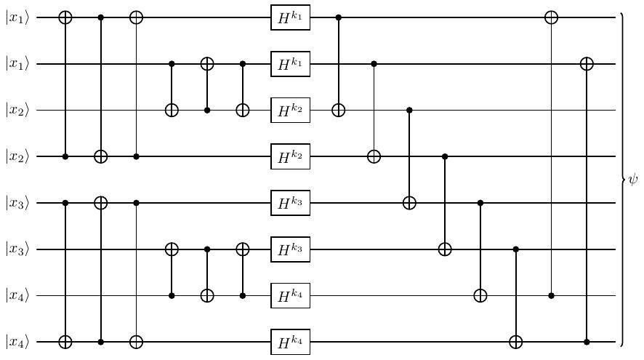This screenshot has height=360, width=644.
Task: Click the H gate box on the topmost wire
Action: pyautogui.click(x=290, y=17)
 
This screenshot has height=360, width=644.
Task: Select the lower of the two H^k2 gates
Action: pyautogui.click(x=290, y=156)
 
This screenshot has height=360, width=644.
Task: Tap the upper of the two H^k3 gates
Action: pyautogui.click(x=290, y=203)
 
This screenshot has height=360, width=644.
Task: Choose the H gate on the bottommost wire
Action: pyautogui.click(x=290, y=342)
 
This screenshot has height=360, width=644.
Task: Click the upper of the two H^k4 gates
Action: pyautogui.click(x=290, y=295)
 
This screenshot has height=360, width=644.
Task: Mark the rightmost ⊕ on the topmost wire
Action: pyautogui.click(x=551, y=17)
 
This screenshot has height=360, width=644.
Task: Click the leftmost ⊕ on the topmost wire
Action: pyautogui.click(x=65, y=17)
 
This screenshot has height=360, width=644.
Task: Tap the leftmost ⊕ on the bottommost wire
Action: pyautogui.click(x=65, y=342)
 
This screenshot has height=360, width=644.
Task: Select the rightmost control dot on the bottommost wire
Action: pyautogui.click(x=587, y=342)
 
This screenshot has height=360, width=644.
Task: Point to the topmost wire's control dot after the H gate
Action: pyautogui.click(x=338, y=17)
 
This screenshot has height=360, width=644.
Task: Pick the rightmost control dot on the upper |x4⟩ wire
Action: pyautogui.click(x=551, y=295)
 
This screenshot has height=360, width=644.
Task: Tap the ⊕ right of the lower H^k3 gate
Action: pyautogui.click(x=445, y=249)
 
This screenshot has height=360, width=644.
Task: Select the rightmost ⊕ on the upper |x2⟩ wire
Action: pyautogui.click(x=338, y=111)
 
